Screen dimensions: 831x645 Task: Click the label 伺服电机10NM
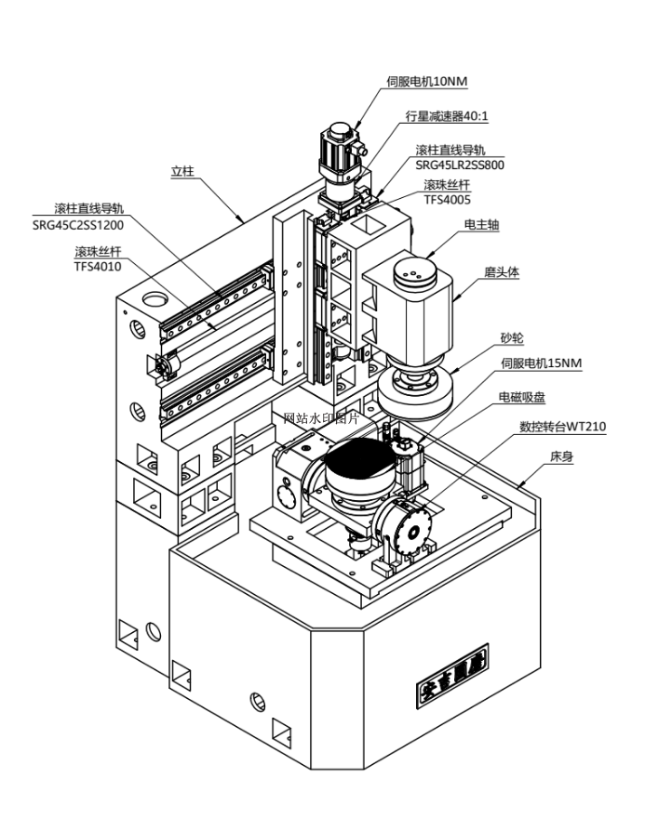426,82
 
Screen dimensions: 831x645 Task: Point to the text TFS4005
448,199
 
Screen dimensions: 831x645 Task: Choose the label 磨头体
501,272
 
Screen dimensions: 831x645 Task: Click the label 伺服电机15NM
542,363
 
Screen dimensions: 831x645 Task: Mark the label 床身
561,458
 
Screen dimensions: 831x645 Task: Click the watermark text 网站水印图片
321,417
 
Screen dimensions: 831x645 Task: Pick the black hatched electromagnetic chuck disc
358,464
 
